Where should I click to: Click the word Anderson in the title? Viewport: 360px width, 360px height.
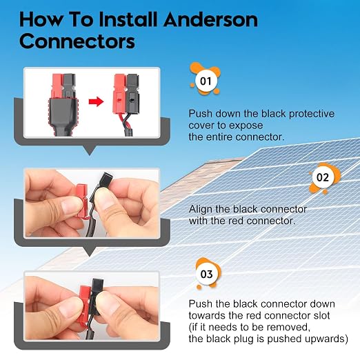coord(210,20)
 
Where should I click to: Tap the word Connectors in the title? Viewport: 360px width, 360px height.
coord(77,41)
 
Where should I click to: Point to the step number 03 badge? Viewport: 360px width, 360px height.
coord(207,274)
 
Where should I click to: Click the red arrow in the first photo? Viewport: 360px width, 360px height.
coord(96,101)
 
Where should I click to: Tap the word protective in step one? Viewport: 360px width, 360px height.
coord(312,114)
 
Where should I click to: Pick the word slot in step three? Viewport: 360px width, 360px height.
coord(322,315)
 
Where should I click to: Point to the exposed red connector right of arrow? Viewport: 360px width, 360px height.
coord(119,94)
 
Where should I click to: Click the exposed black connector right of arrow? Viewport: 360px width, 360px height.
coord(133,94)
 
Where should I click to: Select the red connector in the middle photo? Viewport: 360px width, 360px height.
coord(82,201)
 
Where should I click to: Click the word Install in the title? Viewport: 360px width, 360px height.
coord(129,20)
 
